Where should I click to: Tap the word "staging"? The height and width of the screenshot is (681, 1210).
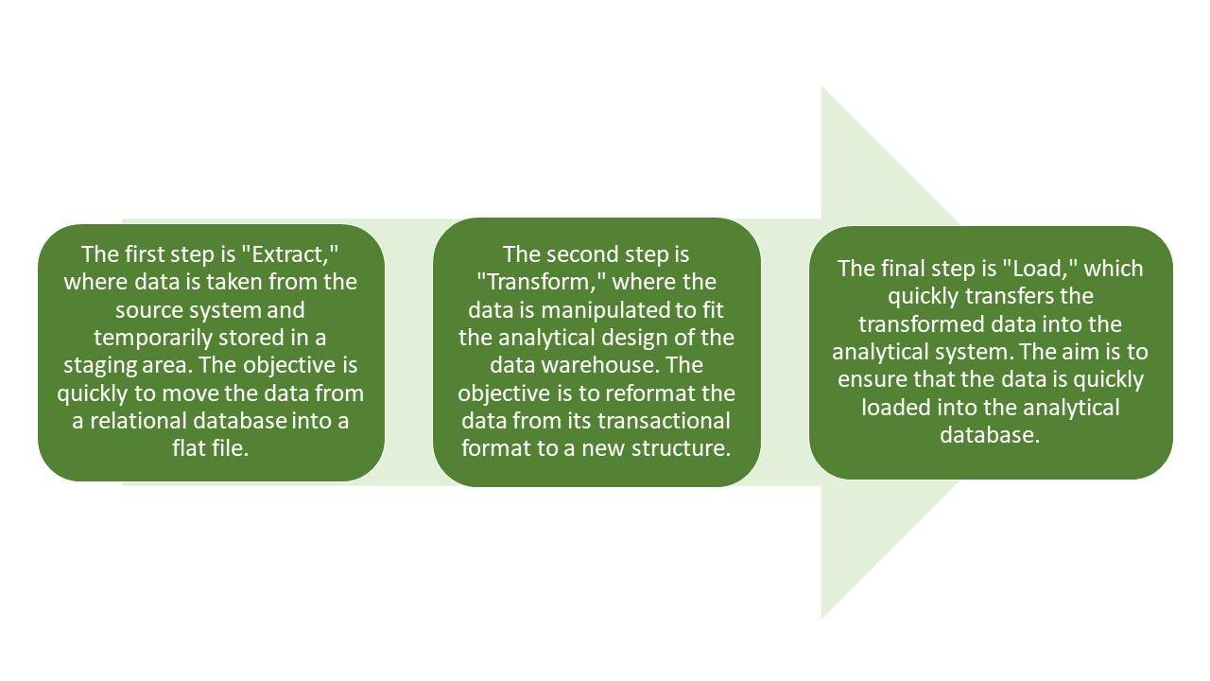pyautogui.click(x=97, y=366)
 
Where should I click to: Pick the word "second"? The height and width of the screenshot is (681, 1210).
pyautogui.click(x=580, y=254)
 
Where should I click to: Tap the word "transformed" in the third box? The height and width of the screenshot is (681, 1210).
pyautogui.click(x=924, y=324)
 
